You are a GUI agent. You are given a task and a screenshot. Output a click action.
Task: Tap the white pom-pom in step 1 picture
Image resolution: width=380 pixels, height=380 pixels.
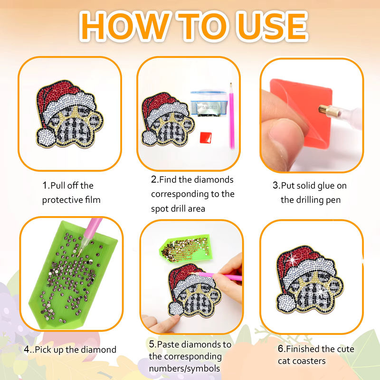click(46, 137)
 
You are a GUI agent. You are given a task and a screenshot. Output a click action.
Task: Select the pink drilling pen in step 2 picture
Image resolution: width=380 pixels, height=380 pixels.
click(232, 116)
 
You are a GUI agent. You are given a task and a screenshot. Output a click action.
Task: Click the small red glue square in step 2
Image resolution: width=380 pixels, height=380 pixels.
click(206, 137)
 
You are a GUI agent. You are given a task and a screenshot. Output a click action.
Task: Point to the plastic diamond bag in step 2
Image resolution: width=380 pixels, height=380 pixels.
click(209, 104)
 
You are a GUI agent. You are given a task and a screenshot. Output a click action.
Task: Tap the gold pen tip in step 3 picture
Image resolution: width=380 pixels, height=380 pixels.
click(326, 111)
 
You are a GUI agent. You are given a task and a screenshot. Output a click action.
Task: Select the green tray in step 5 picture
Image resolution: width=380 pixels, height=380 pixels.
click(185, 249)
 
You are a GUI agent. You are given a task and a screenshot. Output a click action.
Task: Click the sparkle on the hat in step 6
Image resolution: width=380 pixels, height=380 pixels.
click(293, 260)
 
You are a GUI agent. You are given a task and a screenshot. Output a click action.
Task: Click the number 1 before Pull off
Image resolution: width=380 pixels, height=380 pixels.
click(45, 186)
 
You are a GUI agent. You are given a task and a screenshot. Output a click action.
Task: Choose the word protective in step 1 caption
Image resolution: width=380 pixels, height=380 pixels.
click(63, 200)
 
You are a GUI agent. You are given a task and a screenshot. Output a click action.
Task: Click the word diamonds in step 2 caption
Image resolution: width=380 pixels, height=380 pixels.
click(214, 180)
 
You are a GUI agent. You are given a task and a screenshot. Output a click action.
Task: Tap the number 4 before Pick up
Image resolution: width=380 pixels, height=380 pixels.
click(27, 350)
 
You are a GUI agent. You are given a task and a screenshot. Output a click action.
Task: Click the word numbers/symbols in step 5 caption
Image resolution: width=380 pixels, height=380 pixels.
click(184, 369)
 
